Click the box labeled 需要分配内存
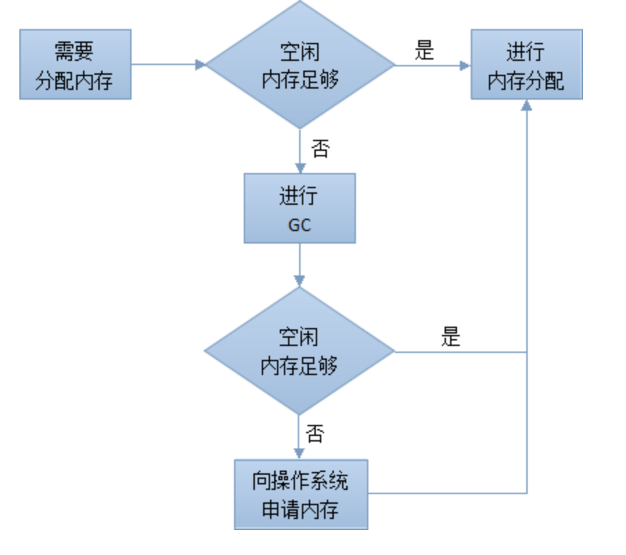[x=75, y=64]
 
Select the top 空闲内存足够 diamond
[x=300, y=65]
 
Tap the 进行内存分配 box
[x=526, y=64]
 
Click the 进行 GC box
[x=299, y=208]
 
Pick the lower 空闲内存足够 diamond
[x=299, y=352]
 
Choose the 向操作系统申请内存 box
[x=301, y=494]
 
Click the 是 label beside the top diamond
[x=424, y=51]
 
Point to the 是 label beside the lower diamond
[x=451, y=337]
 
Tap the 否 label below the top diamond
[x=320, y=149]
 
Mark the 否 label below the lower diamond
[x=315, y=435]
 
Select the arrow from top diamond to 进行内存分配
[x=433, y=66]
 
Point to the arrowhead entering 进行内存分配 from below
[x=527, y=105]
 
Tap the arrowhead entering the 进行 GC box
[x=299, y=168]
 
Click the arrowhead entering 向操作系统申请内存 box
[x=299, y=454]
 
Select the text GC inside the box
[x=299, y=225]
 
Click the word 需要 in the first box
[x=74, y=52]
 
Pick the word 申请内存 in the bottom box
[x=300, y=511]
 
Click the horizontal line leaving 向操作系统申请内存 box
[x=447, y=493]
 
